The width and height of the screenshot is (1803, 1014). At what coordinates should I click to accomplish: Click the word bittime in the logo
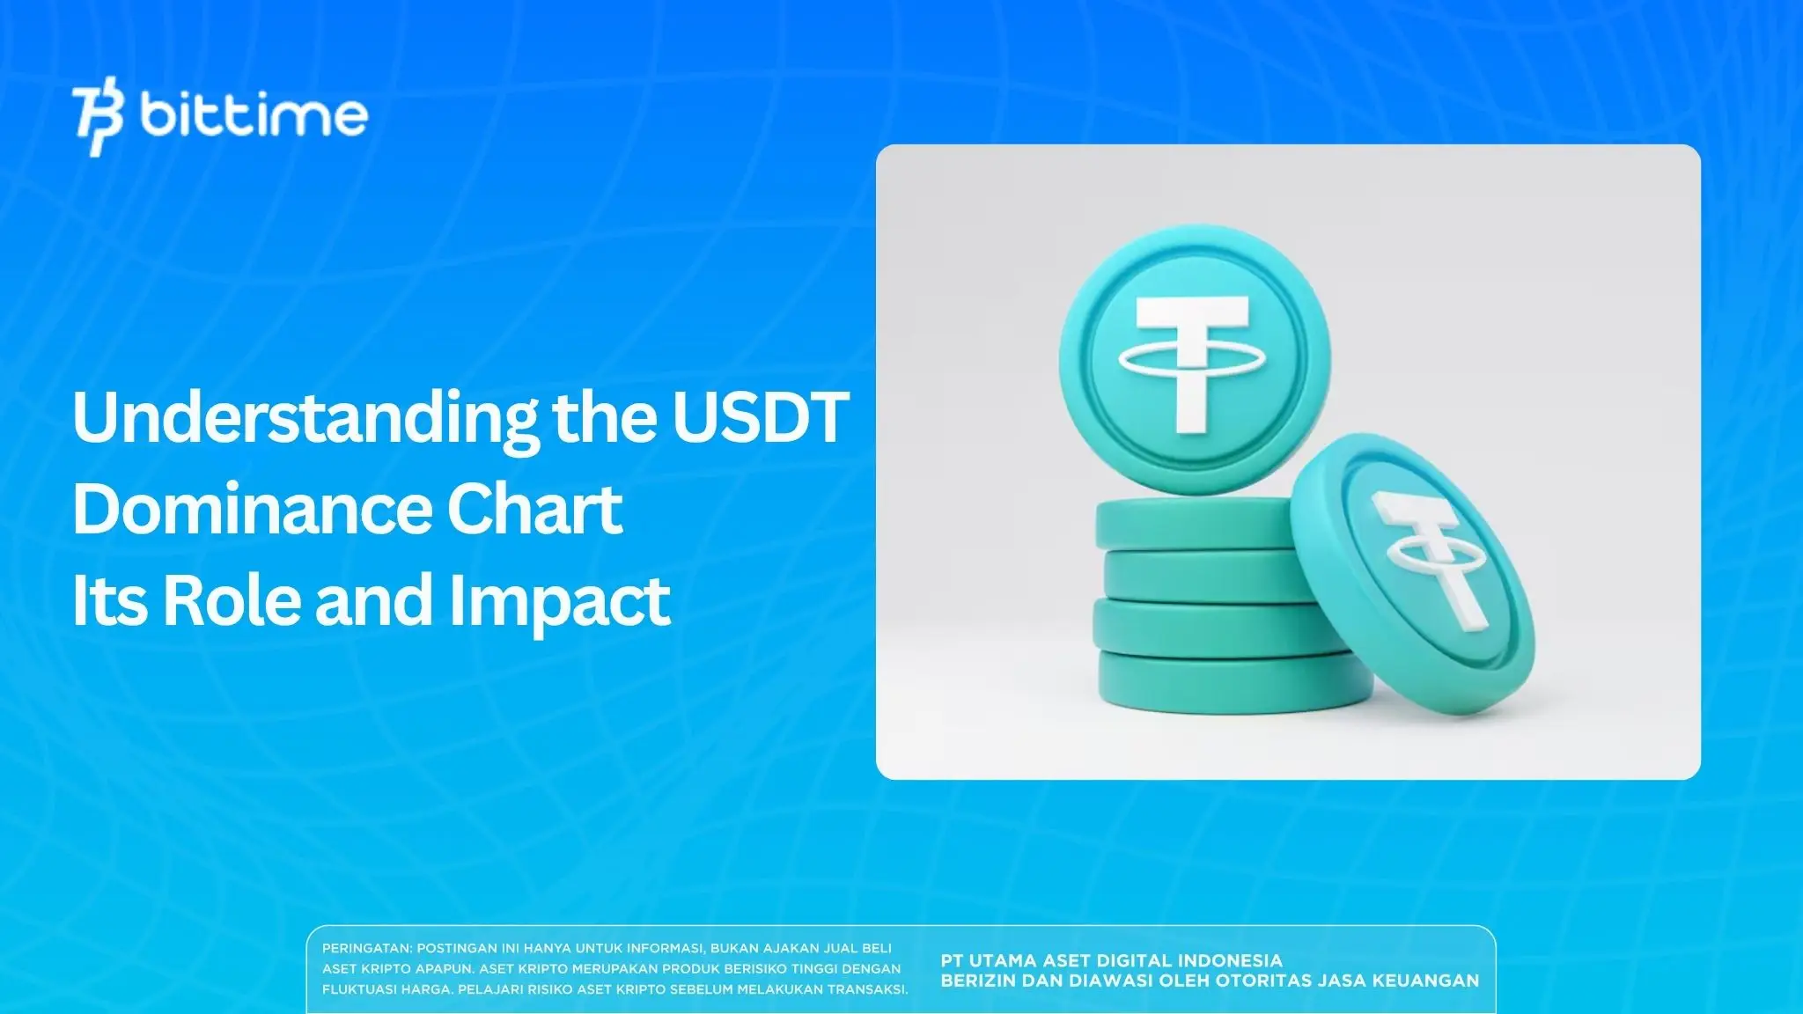pyautogui.click(x=254, y=115)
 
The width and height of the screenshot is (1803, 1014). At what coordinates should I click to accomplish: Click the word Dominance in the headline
pyautogui.click(x=247, y=510)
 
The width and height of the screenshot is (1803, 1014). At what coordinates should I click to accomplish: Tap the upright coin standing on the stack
pyautogui.click(x=1195, y=361)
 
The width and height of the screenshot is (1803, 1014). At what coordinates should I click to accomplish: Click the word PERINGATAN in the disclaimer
pyautogui.click(x=366, y=949)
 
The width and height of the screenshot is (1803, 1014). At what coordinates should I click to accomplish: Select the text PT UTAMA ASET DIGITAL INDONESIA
pyautogui.click(x=1111, y=960)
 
